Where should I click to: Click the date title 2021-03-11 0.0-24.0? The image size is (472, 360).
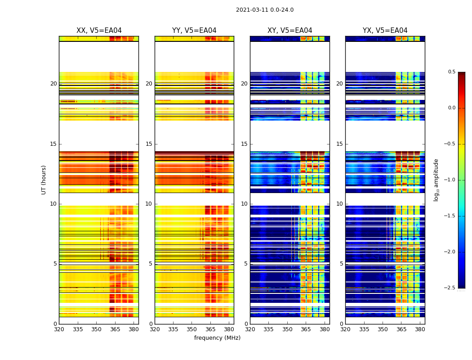coord(264,10)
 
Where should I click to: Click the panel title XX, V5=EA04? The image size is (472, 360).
coord(99,31)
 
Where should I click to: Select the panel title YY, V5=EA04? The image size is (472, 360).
coord(194,31)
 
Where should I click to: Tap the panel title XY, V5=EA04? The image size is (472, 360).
coord(289,31)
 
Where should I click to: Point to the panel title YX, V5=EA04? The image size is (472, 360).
coord(385,31)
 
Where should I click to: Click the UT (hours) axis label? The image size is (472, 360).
coord(44,180)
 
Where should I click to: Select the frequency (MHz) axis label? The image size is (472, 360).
coord(217,338)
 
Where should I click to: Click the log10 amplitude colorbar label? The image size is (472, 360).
coord(436,180)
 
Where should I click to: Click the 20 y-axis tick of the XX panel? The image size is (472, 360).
coord(53,84)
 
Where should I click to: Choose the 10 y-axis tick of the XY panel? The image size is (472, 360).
coord(244,204)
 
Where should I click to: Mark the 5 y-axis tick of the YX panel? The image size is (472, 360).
coord(341,264)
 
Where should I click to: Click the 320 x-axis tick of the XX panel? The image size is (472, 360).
coord(59,329)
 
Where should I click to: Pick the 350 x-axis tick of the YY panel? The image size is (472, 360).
coord(192,329)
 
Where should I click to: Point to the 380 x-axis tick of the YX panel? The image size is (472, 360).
coord(420,329)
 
